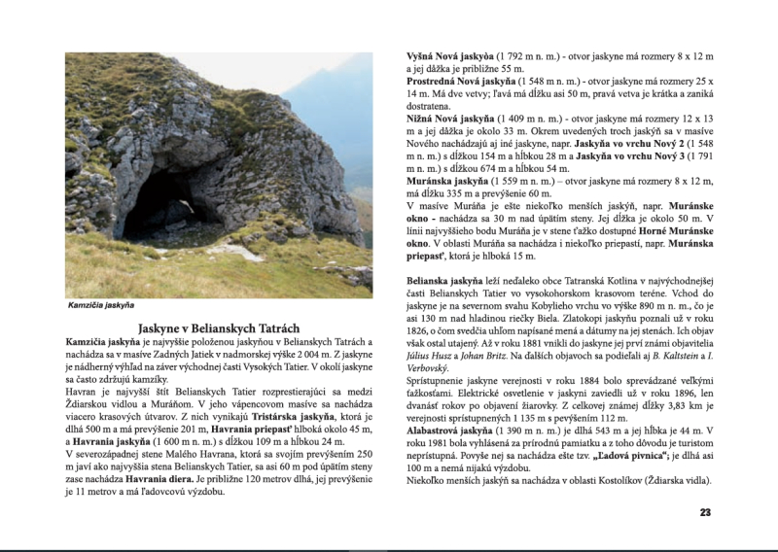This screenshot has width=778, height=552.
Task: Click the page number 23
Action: coord(705,512)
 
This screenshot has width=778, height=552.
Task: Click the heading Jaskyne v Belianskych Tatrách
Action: coord(218,328)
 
